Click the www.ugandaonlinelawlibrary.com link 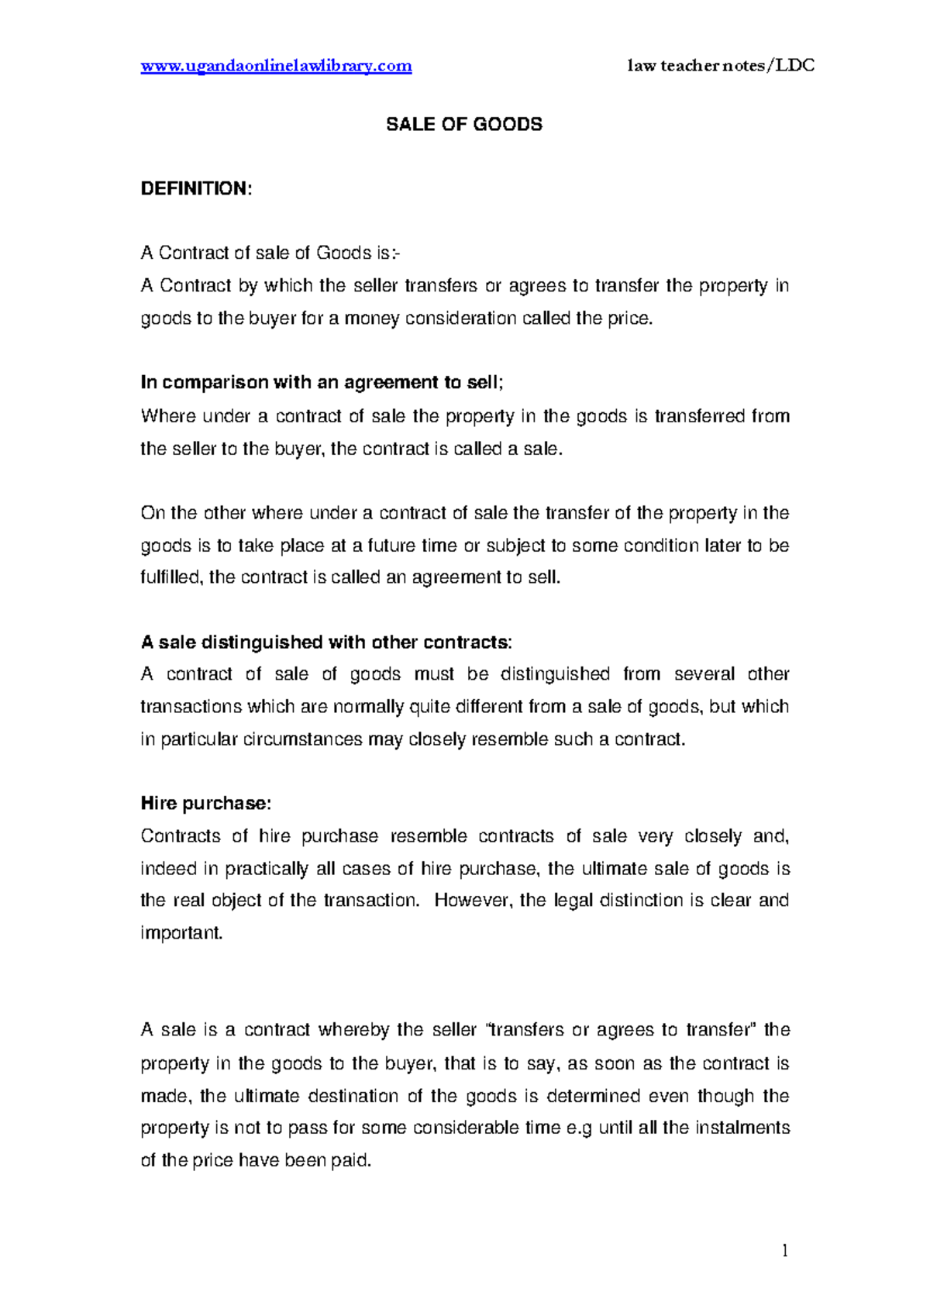(276, 66)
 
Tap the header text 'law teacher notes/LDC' (721, 66)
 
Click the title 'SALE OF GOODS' (464, 125)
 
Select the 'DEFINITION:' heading (196, 189)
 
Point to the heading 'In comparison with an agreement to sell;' (322, 383)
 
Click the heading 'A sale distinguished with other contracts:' (326, 642)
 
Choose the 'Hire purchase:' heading (205, 804)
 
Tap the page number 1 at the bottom (785, 1250)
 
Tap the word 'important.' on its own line (181, 933)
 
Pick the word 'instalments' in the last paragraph (742, 1128)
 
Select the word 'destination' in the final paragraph (353, 1096)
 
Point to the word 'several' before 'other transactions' (704, 674)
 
